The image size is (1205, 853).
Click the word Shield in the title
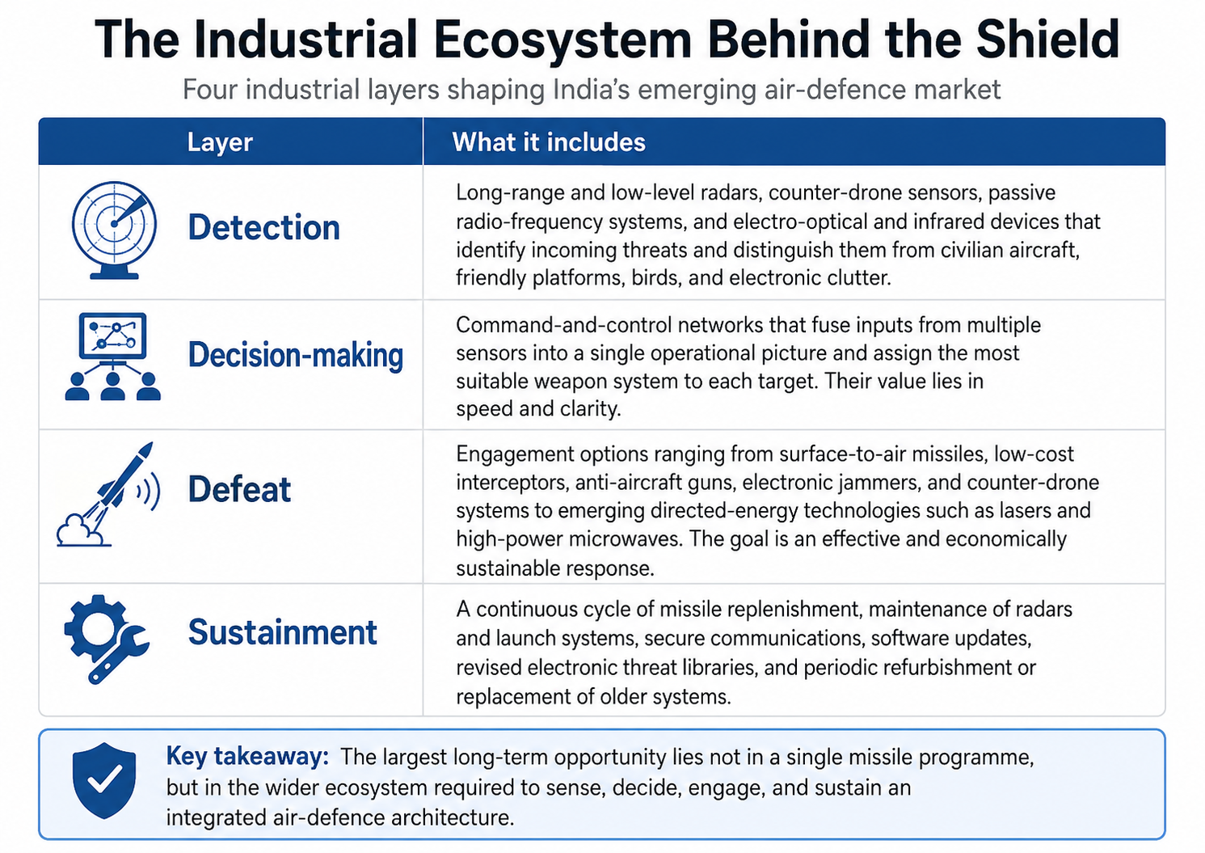[1048, 39]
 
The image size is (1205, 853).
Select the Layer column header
[220, 142]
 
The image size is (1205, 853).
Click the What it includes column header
[549, 142]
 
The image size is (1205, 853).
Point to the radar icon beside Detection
[114, 230]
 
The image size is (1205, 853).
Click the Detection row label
[263, 227]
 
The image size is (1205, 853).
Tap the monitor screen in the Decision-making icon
[112, 336]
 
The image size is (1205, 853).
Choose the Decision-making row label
[295, 356]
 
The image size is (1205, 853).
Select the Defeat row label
[239, 489]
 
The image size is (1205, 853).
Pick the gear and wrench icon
[106, 639]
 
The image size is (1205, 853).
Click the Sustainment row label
[282, 631]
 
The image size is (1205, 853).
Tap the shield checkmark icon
[103, 781]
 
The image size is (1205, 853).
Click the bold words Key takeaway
[247, 756]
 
